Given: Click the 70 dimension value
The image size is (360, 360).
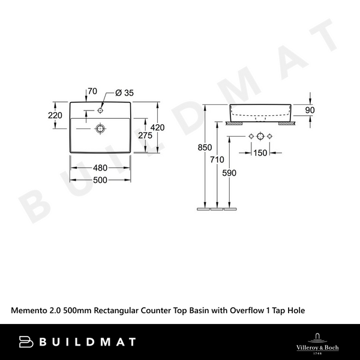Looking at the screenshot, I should pyautogui.click(x=92, y=92).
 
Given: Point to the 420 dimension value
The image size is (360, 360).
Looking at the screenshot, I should pyautogui.click(x=157, y=127).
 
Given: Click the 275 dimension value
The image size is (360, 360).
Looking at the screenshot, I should pyautogui.click(x=145, y=136).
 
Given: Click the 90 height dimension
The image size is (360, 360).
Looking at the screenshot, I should pyautogui.click(x=310, y=110).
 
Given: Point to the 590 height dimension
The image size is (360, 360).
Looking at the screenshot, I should pyautogui.click(x=229, y=173).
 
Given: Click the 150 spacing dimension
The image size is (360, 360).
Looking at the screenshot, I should pyautogui.click(x=260, y=153).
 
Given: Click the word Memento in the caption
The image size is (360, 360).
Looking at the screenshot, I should pyautogui.click(x=31, y=310).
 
